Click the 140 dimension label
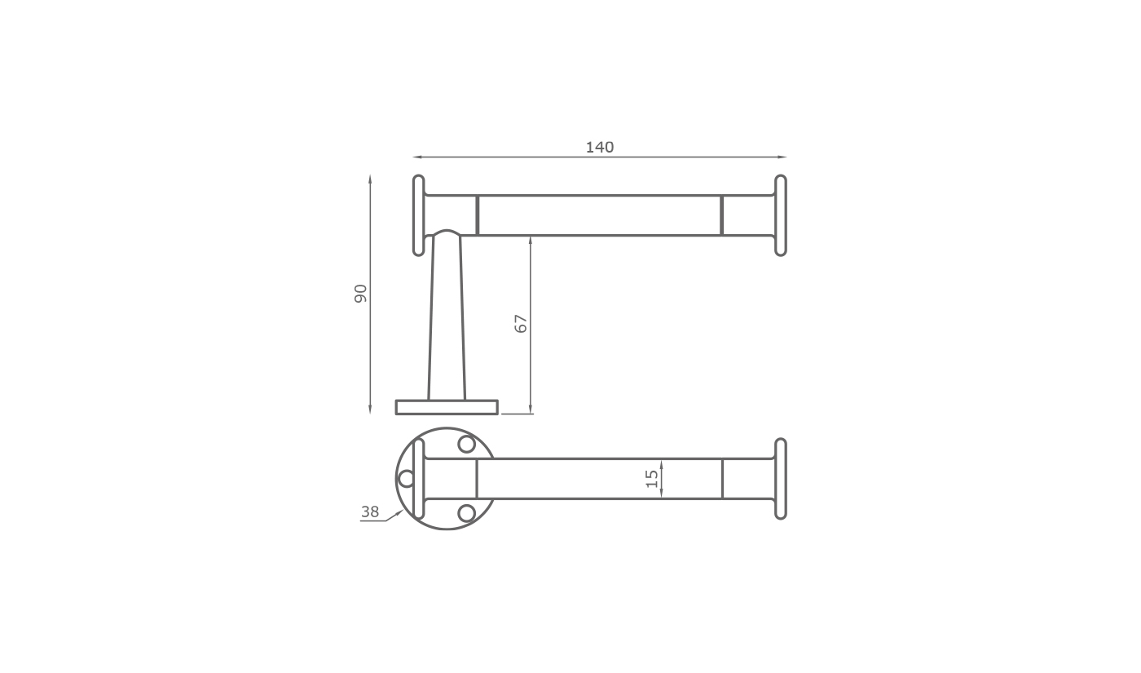(600, 148)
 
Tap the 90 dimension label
(360, 294)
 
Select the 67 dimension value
(521, 324)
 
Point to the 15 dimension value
(651, 479)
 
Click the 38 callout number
(370, 512)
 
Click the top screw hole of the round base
(466, 444)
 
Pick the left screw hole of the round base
(406, 479)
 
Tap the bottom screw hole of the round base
(466, 513)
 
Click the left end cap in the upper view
(418, 215)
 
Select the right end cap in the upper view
(781, 215)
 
